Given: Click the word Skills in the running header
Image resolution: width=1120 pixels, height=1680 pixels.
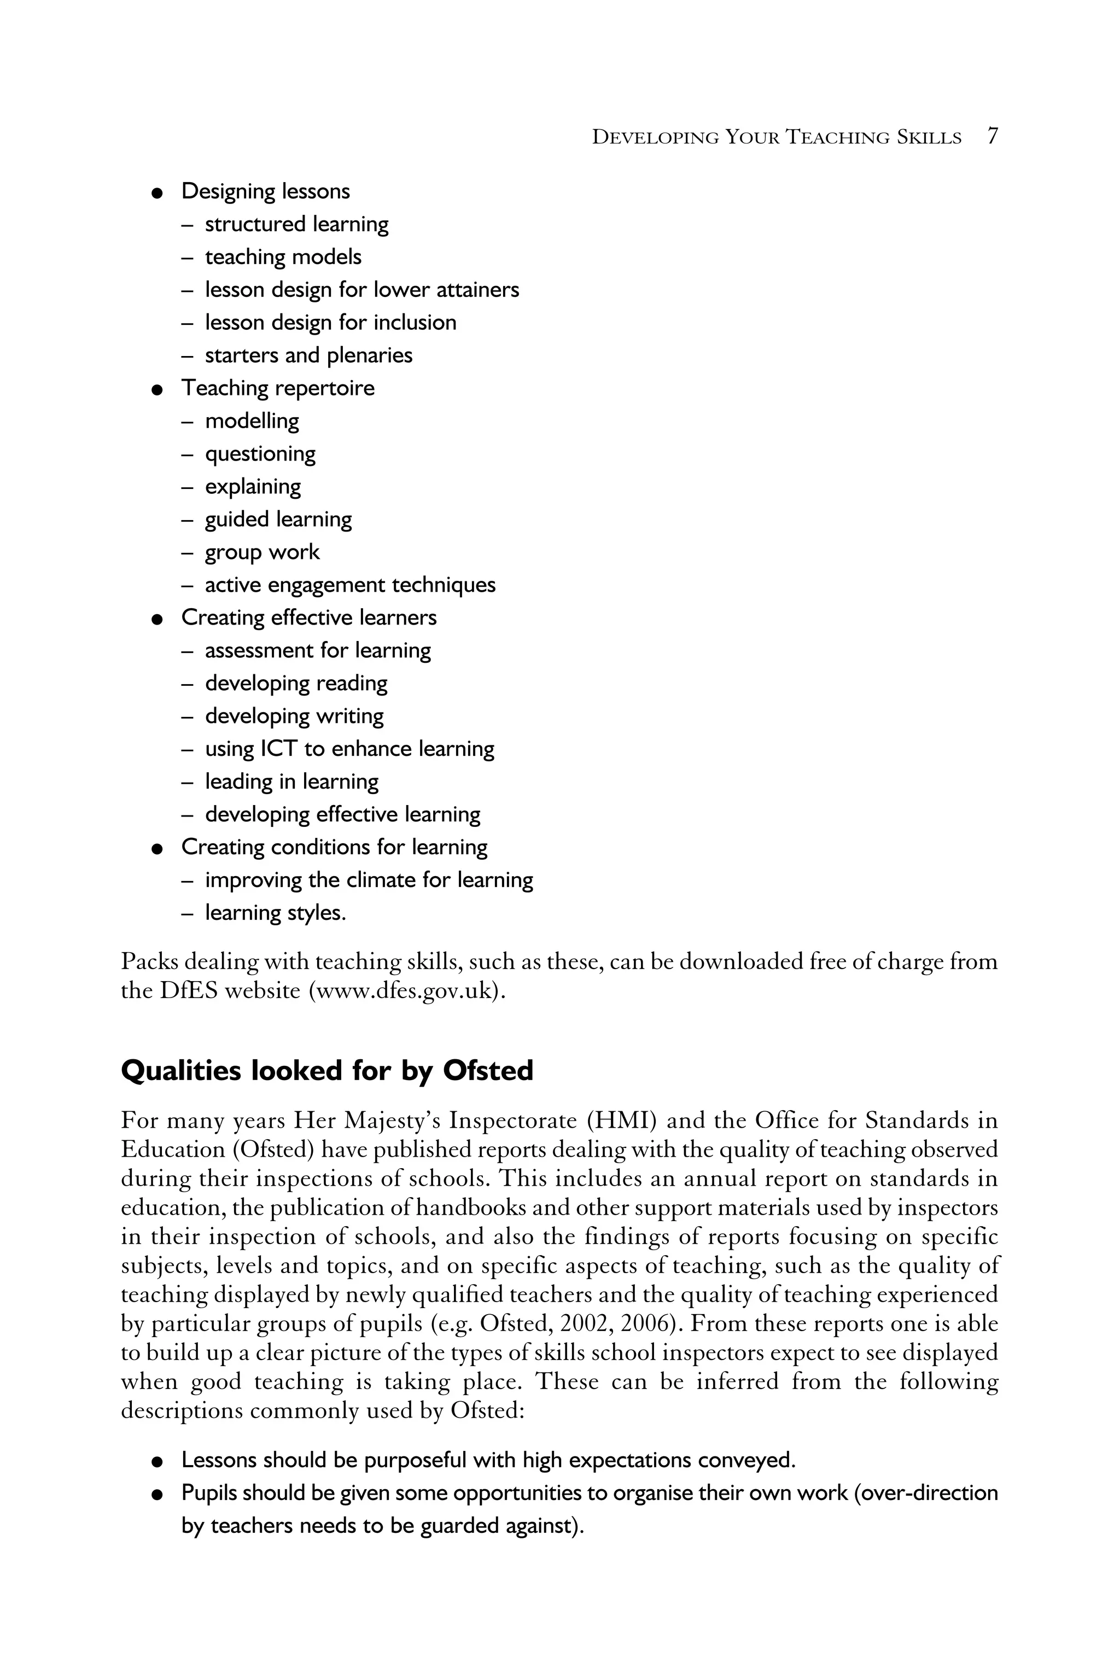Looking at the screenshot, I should pyautogui.click(x=929, y=137).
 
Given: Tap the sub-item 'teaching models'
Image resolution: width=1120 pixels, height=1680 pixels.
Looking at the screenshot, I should pyautogui.click(x=283, y=257).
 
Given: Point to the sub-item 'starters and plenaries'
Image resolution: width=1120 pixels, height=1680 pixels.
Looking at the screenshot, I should pyautogui.click(x=308, y=355).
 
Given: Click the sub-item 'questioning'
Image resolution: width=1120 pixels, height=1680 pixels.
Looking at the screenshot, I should pyautogui.click(x=260, y=454).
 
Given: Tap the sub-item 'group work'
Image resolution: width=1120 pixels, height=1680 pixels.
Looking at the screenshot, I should pyautogui.click(x=262, y=552).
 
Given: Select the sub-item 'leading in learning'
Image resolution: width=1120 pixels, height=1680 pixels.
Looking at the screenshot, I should pyautogui.click(x=291, y=781).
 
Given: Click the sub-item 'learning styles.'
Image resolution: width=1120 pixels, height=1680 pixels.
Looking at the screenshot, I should pyautogui.click(x=275, y=913).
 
